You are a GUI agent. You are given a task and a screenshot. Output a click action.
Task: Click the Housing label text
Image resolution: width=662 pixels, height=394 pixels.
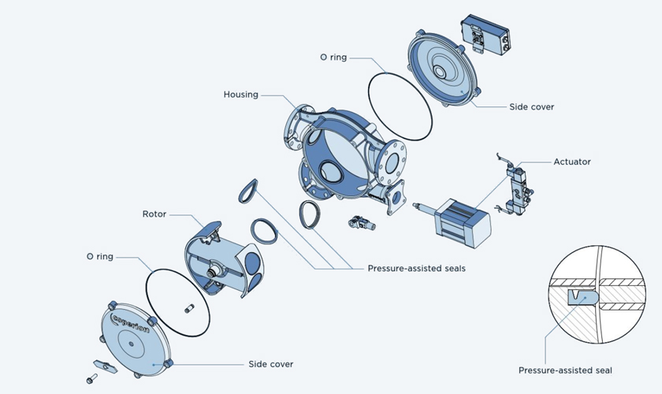pos(241,95)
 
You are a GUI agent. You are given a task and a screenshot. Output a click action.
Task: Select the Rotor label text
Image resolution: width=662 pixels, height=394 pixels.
pos(154,214)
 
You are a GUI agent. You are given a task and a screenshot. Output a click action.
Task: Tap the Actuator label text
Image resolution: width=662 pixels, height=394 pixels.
pos(572,162)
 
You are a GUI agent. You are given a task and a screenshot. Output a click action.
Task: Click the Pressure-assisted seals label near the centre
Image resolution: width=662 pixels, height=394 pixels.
pos(416,268)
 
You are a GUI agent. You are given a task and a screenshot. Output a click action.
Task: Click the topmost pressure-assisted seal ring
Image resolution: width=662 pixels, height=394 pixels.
pos(249,188)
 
